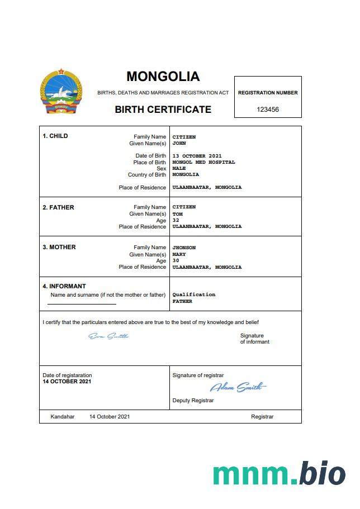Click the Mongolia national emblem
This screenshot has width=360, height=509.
61,92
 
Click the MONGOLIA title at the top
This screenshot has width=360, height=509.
163,76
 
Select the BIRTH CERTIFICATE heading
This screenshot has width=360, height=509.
163,110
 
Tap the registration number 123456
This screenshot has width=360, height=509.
268,110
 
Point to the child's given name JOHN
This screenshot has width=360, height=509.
179,144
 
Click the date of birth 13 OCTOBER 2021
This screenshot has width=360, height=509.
197,156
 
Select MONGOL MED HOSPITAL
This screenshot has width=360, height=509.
203,162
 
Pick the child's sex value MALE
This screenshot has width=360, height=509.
179,168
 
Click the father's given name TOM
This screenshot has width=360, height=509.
177,214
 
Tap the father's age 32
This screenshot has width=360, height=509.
176,220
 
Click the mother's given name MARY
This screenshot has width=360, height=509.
179,254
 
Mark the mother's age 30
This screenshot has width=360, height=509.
176,260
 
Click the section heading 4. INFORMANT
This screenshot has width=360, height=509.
64,286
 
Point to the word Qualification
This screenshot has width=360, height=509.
193,294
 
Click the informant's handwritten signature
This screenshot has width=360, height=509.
108,336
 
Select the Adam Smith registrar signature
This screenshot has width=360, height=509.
238,387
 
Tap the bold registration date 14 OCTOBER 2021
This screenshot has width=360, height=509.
67,382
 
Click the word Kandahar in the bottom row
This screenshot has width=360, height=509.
62,417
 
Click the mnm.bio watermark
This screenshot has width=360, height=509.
279,474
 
